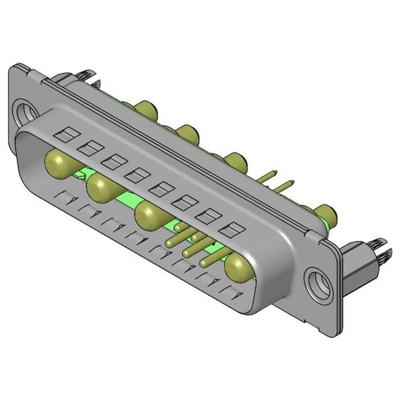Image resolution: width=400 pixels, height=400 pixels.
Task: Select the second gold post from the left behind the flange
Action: click(x=187, y=132)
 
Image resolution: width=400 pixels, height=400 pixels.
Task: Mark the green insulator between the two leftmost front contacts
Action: click(x=80, y=178)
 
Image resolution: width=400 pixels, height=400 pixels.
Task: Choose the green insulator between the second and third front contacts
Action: click(x=127, y=205)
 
